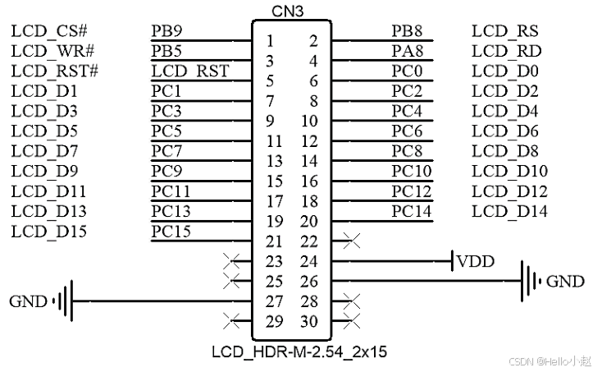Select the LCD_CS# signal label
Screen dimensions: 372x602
(x=49, y=31)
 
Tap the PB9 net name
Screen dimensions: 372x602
(x=167, y=31)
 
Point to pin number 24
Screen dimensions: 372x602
(x=308, y=262)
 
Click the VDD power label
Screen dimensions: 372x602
(x=476, y=262)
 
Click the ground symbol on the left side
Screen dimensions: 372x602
(x=64, y=301)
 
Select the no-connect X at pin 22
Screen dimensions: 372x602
(x=352, y=241)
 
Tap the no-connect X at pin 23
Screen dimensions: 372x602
(x=232, y=261)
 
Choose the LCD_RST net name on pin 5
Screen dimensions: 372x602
(x=190, y=71)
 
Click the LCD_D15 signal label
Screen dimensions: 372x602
(x=49, y=231)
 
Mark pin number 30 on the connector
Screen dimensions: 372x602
(x=308, y=322)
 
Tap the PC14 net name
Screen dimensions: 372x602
(x=411, y=211)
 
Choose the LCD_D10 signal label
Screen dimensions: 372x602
(x=509, y=171)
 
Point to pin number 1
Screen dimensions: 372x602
(x=271, y=41)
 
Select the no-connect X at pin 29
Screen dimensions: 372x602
(x=232, y=321)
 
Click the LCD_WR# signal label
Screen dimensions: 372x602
(x=50, y=52)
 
